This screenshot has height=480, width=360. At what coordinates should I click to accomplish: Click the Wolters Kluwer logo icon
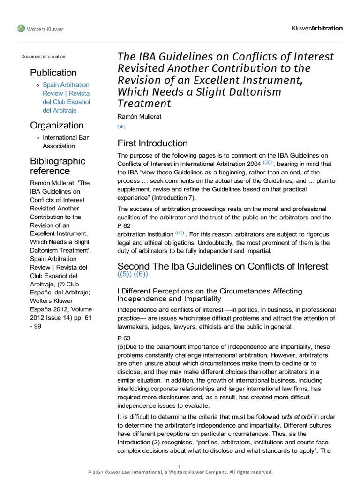click(21, 29)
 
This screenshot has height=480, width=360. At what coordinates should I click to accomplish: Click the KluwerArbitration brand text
click(317, 28)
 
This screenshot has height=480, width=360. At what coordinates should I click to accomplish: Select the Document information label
click(43, 57)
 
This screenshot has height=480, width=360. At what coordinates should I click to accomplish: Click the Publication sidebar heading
click(53, 73)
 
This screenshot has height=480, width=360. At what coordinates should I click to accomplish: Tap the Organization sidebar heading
click(57, 125)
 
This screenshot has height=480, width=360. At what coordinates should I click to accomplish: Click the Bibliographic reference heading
click(58, 165)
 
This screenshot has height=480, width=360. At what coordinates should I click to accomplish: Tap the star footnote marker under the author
click(121, 127)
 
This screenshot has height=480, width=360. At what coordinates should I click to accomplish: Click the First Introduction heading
click(152, 143)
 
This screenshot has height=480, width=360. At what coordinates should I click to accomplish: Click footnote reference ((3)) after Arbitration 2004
click(267, 162)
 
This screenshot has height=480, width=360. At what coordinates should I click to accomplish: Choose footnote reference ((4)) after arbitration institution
click(180, 232)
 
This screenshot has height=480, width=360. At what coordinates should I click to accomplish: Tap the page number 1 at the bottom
click(180, 465)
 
